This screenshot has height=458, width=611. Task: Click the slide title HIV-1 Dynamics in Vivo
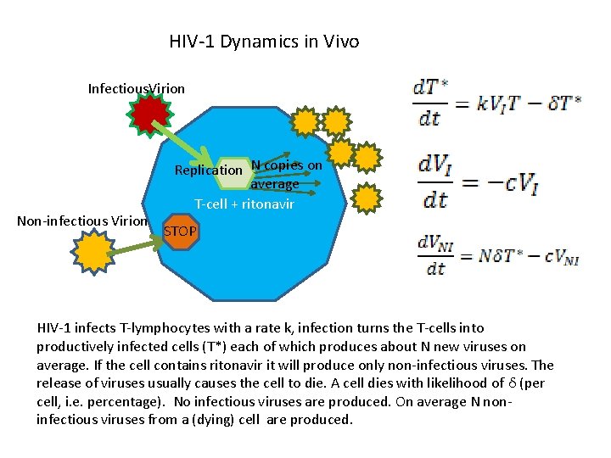[x=264, y=42]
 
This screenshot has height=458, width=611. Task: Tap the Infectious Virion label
[x=136, y=88]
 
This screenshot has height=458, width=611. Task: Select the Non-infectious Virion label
[x=82, y=221]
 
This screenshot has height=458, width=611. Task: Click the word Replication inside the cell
[x=208, y=170]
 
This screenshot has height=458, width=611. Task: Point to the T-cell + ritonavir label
[x=244, y=204]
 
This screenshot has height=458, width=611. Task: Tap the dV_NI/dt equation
[x=497, y=254]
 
